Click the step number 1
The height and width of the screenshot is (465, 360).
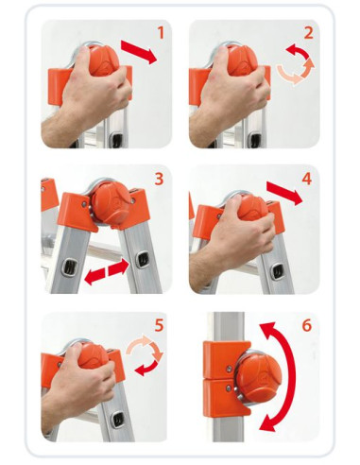click(162, 33)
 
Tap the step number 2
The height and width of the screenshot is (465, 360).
click(309, 33)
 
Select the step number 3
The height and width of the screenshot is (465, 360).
click(160, 179)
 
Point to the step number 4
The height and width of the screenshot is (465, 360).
click(307, 179)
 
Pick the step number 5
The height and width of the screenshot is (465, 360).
click(160, 325)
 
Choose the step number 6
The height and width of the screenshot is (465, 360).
click(307, 325)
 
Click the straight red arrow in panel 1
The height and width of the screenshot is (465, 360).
click(139, 52)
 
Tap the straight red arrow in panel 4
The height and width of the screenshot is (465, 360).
click(284, 193)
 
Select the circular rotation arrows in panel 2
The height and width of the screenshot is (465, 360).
click(296, 64)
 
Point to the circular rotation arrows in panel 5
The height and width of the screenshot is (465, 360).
click(145, 355)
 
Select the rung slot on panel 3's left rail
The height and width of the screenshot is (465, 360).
click(68, 267)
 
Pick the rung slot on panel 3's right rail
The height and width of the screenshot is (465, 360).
click(143, 260)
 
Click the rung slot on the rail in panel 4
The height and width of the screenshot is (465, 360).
click(278, 271)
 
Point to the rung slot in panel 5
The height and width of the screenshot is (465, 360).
click(117, 420)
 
